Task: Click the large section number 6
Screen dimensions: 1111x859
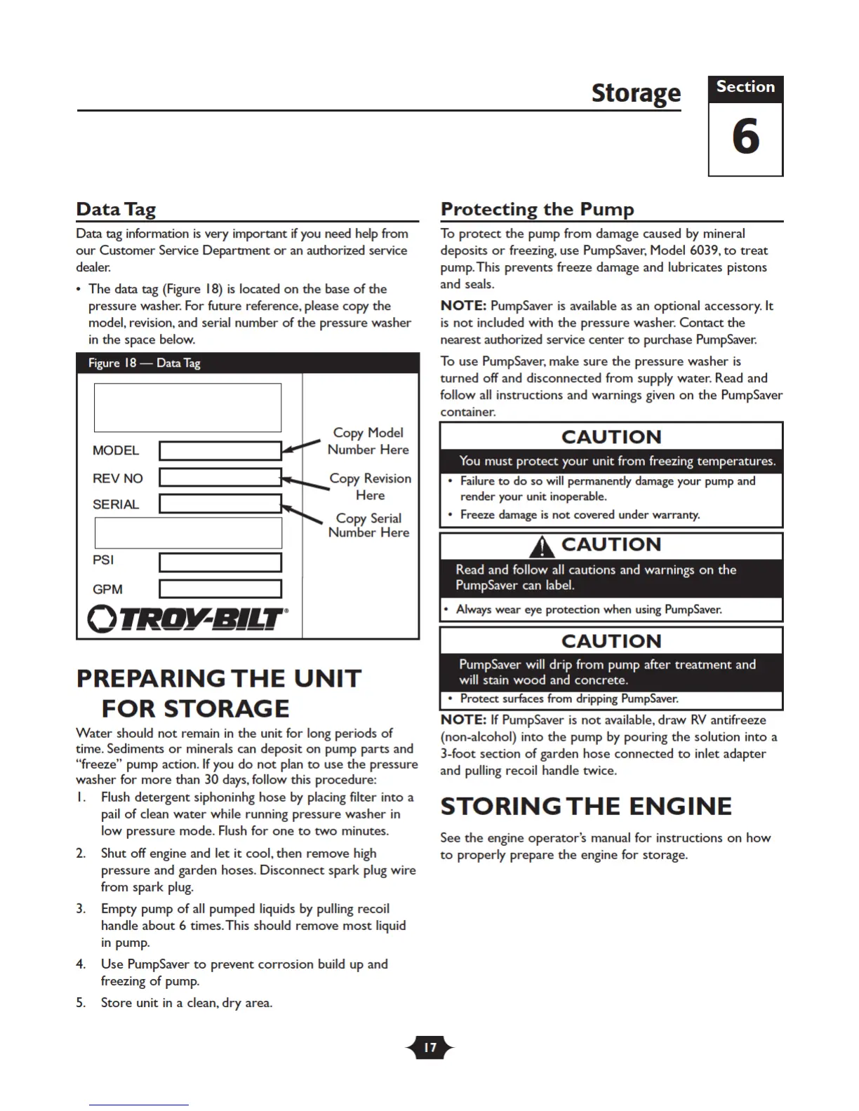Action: click(745, 137)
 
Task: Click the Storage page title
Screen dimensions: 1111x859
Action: click(636, 93)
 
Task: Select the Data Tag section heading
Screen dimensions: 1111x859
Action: click(116, 209)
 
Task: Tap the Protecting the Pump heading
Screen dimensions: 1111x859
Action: click(537, 209)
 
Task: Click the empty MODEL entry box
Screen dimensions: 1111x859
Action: click(220, 450)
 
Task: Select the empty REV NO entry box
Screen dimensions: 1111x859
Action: click(220, 478)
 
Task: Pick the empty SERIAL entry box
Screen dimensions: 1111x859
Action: click(220, 504)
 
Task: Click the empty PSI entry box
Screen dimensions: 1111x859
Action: click(220, 563)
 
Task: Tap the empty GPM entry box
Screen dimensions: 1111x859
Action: click(220, 588)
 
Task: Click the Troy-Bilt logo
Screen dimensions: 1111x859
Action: click(187, 619)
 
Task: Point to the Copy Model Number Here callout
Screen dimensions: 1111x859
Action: click(368, 441)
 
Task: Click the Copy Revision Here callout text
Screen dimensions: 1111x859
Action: click(371, 487)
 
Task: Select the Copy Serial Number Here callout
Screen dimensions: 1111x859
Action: click(368, 525)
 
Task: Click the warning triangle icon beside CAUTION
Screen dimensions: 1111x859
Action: click(542, 546)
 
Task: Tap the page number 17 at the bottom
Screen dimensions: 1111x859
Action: click(429, 1048)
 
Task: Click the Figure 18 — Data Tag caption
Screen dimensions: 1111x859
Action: click(145, 363)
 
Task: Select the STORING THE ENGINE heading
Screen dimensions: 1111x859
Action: click(586, 807)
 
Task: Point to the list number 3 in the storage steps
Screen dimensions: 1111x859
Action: click(81, 909)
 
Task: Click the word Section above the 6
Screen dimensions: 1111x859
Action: click(745, 87)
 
